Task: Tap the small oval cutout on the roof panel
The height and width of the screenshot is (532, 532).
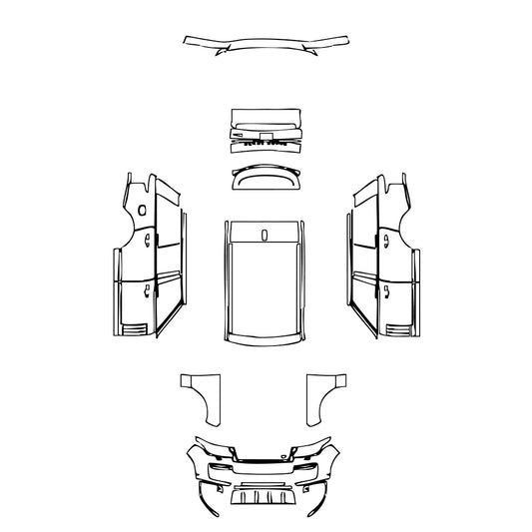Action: (265, 236)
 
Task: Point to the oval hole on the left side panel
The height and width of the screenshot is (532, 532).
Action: (142, 213)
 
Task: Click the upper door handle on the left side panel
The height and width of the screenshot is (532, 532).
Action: (148, 241)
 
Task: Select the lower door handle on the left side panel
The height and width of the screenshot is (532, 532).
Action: (148, 291)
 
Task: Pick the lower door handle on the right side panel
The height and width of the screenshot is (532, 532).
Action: (383, 291)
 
